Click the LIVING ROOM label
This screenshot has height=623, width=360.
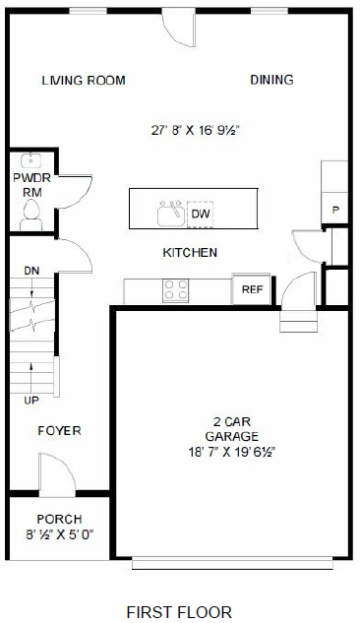[84, 81]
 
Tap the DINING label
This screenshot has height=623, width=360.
[271, 80]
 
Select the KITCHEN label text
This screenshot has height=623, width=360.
[190, 253]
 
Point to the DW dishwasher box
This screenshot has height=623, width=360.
[201, 214]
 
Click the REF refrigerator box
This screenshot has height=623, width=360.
[252, 289]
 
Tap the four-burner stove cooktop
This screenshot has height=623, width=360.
[176, 289]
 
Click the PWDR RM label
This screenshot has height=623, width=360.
[26, 185]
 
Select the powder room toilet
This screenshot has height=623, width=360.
[29, 221]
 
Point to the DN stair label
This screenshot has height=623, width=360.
[30, 269]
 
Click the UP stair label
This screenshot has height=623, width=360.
[32, 401]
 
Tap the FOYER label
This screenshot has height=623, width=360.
[59, 431]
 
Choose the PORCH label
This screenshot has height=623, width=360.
[59, 519]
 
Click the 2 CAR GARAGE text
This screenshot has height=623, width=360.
[232, 429]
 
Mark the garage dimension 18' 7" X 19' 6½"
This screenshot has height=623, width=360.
[232, 452]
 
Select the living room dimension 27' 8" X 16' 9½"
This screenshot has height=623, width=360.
[197, 129]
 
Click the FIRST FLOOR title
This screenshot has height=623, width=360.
[179, 611]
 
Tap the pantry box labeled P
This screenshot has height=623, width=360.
[335, 211]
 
